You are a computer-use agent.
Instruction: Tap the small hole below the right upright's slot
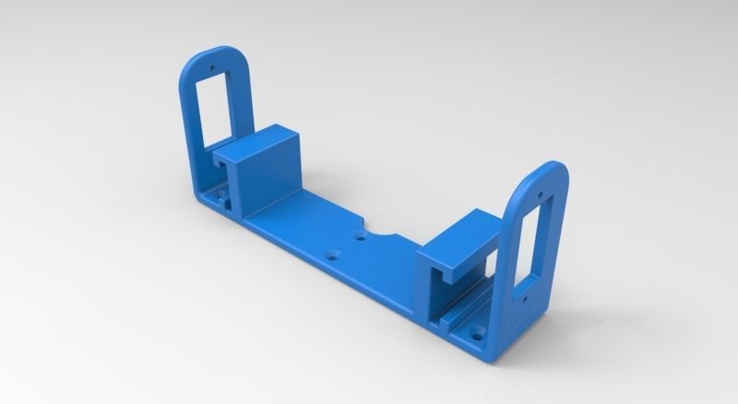point(521,301)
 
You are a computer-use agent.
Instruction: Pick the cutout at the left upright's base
point(216,196)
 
